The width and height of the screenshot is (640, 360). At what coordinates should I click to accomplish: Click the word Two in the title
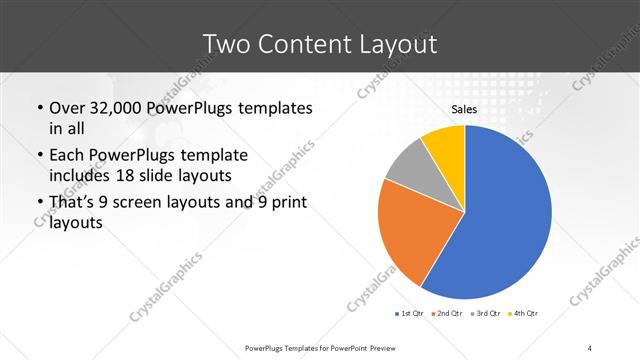click(x=227, y=44)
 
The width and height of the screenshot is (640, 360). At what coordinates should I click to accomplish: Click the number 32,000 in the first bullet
click(x=113, y=108)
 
